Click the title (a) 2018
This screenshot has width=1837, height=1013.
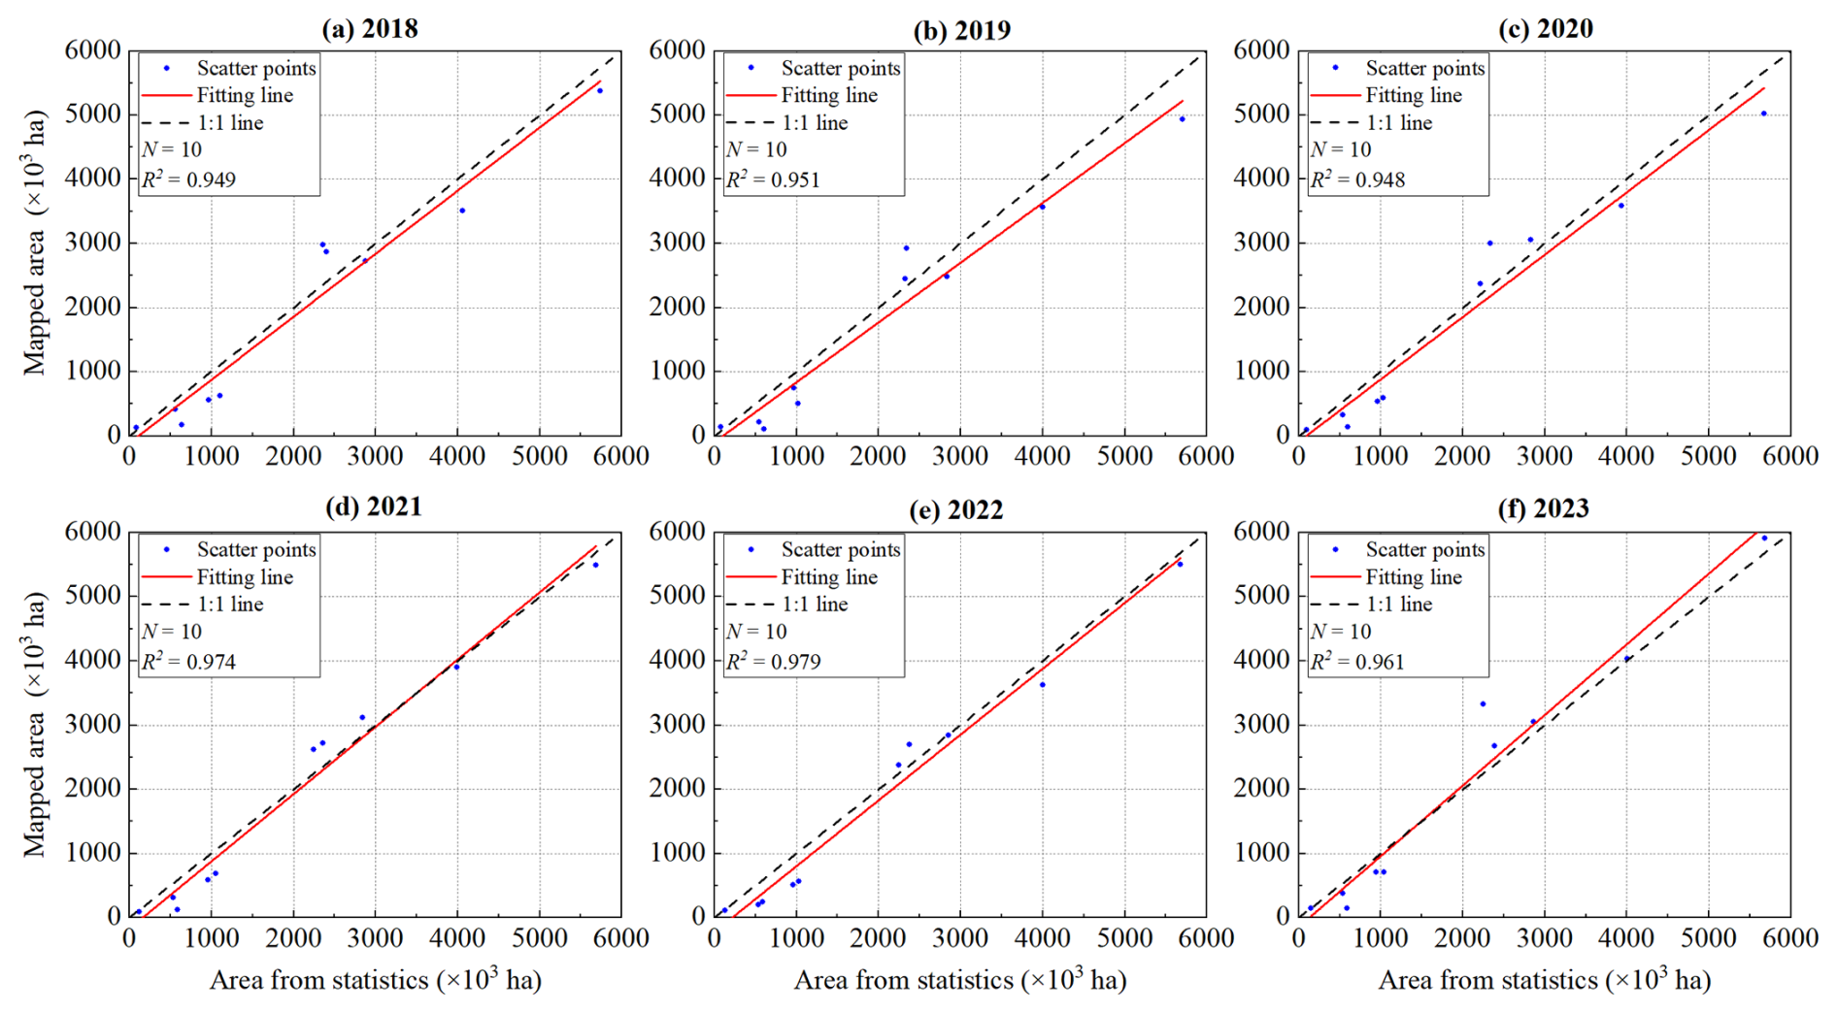coord(370,29)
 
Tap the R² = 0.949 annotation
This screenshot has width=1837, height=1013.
coord(188,180)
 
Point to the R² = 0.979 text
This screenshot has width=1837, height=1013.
coord(773,662)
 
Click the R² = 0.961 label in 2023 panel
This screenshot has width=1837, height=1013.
coord(1357,662)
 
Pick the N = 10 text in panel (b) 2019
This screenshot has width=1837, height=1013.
coord(756,149)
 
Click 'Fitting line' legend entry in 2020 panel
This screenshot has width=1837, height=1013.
coord(1413,95)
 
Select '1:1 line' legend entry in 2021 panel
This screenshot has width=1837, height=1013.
coord(230,605)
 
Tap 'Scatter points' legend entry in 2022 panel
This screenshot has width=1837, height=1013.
coord(840,549)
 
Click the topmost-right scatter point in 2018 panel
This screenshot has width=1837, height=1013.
coord(599,91)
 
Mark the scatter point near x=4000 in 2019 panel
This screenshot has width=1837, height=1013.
coord(1042,208)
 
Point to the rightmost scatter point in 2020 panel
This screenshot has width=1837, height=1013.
coord(1764,114)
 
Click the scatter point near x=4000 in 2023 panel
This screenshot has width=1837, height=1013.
coord(1627,659)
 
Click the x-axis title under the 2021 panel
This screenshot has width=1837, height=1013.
coord(375,980)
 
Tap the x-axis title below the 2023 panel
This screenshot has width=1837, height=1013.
coord(1544,980)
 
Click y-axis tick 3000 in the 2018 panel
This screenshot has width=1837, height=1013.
coord(93,243)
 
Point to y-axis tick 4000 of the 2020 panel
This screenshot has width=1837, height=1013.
coord(1262,179)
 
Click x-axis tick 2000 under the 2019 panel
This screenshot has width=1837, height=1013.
coord(878,456)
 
